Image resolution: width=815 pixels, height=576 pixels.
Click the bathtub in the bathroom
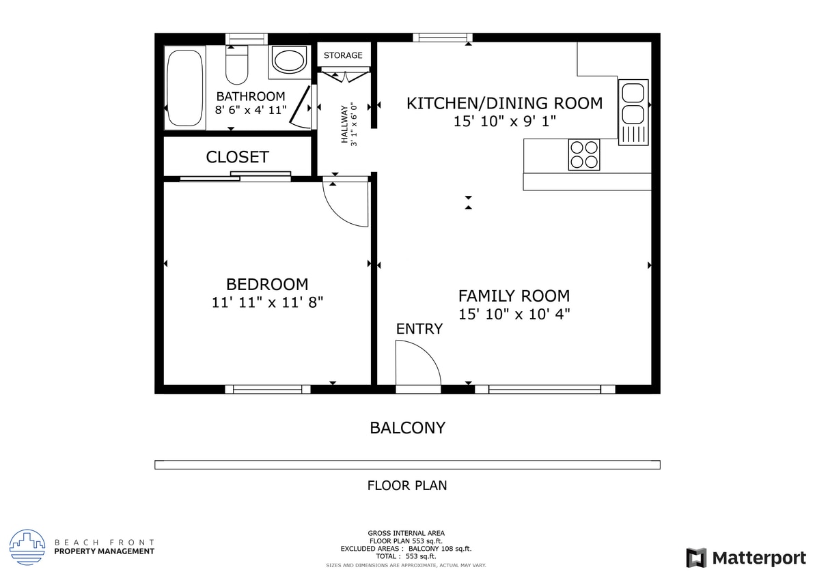(185, 87)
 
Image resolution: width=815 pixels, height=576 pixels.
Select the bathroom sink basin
(290, 59)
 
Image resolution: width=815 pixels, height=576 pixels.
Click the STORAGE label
(343, 55)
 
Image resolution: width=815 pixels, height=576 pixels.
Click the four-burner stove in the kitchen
(583, 154)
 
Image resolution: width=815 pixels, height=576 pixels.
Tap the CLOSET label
(237, 157)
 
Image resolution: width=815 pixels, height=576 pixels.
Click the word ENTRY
(419, 329)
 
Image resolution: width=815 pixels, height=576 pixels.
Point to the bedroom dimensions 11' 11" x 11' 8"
(267, 302)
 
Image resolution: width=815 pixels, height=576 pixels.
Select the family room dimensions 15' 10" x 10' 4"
(514, 315)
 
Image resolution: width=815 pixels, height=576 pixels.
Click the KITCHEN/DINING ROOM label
(504, 103)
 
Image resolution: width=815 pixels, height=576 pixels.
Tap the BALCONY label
(407, 428)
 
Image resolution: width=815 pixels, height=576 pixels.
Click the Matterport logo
(746, 558)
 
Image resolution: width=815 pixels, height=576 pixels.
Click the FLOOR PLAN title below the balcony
(407, 486)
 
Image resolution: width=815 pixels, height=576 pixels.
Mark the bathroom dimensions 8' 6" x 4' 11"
(250, 110)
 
